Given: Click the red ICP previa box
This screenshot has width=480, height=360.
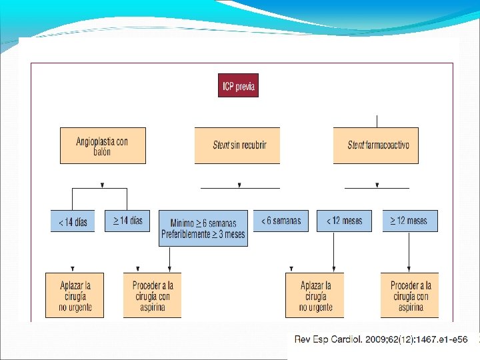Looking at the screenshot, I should point(238,86).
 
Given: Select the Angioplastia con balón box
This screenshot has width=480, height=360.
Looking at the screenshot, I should point(103,146).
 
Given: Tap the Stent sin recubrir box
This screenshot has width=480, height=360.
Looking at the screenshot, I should point(237,145).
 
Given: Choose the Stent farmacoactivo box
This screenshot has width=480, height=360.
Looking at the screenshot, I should point(376,145).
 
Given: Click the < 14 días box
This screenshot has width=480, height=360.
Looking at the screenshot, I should point(73,221).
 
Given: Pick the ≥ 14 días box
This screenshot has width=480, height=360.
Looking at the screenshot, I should point(128,221).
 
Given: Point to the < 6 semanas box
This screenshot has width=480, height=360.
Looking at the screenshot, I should point(281,221).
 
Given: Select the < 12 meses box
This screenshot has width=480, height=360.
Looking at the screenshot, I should point(344,221).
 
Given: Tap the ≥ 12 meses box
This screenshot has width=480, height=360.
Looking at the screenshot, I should point(410,221).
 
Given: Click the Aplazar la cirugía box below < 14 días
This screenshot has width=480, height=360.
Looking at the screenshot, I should point(75,295).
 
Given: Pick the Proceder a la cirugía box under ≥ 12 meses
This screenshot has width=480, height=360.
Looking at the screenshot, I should point(411,295).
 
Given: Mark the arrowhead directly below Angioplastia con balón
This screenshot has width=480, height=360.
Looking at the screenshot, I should point(102,185).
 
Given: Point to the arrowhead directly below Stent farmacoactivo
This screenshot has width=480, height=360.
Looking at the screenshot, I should point(376,185).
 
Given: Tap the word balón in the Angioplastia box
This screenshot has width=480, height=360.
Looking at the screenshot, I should point(102,151).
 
